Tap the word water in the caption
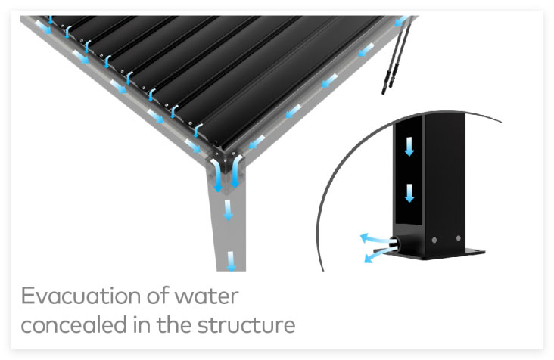tap(207, 296)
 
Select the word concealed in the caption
tap(74, 324)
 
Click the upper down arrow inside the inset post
tap(409, 147)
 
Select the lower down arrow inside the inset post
tap(409, 193)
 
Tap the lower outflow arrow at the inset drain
tap(378, 255)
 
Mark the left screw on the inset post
tap(434, 240)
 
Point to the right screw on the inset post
tap(458, 238)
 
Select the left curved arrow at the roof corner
tap(216, 175)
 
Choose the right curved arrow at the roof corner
tap(236, 172)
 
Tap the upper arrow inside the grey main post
tap(229, 210)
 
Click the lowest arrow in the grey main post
tap(231, 261)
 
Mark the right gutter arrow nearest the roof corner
tap(257, 142)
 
